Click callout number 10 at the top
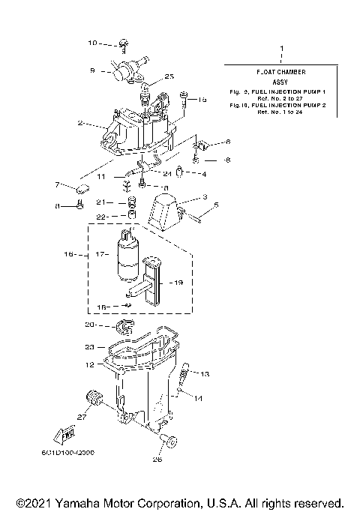click(x=93, y=43)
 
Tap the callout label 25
click(x=169, y=76)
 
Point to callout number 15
click(x=202, y=99)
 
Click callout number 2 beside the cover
click(x=79, y=123)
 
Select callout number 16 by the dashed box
click(x=68, y=255)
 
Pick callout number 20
click(x=89, y=325)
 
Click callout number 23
click(x=89, y=347)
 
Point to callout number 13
click(x=206, y=373)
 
